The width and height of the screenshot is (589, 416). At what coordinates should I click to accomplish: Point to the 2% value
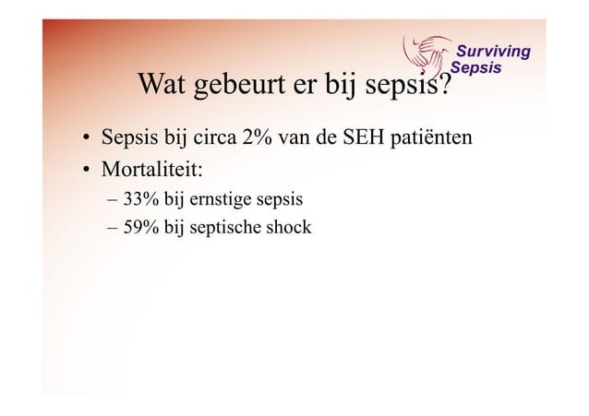pos(256,139)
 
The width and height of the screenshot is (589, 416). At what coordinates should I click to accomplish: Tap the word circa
pos(210,139)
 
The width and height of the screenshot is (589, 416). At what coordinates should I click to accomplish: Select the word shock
pos(288,227)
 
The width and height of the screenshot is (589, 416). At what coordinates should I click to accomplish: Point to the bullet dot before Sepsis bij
pos(83,140)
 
